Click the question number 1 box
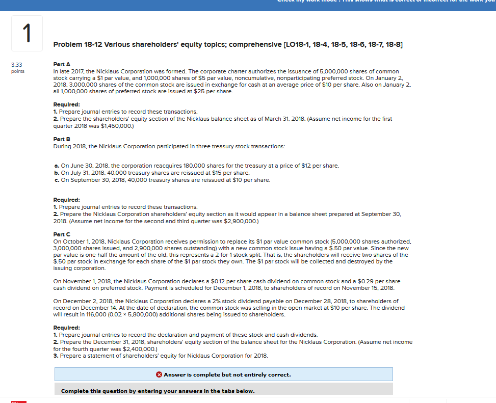coord(25,33)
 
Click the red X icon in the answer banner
coord(159,374)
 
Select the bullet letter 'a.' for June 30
coord(56,166)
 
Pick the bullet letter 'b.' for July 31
coord(56,173)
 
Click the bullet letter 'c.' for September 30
coord(56,180)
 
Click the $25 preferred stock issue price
coord(201,91)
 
